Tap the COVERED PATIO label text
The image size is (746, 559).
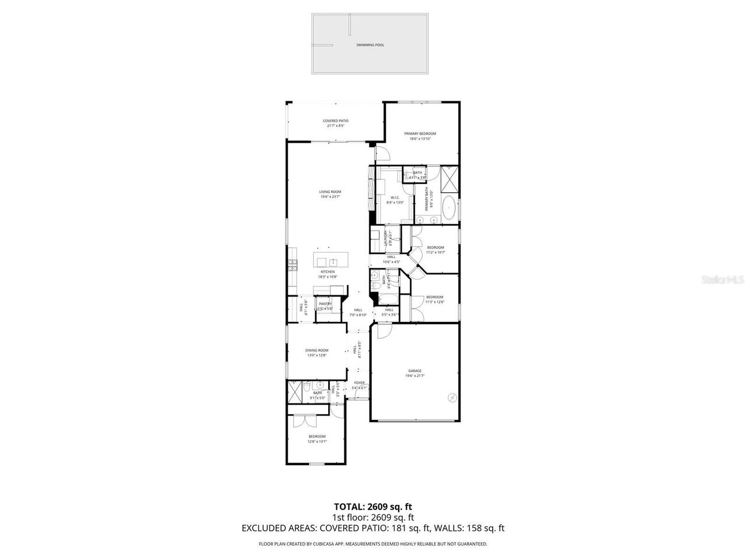pyautogui.click(x=336, y=121)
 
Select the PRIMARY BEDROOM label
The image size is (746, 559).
pyautogui.click(x=420, y=134)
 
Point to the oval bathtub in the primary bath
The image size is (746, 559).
pyautogui.click(x=448, y=208)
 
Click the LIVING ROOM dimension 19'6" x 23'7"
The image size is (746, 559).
pyautogui.click(x=330, y=197)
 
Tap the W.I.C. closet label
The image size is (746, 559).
pyautogui.click(x=395, y=197)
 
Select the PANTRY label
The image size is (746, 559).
pyautogui.click(x=325, y=303)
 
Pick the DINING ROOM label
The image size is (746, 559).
pyautogui.click(x=317, y=351)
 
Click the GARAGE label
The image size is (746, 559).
pyautogui.click(x=414, y=371)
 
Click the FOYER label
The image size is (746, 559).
pyautogui.click(x=360, y=383)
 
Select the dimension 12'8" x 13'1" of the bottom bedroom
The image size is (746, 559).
pyautogui.click(x=317, y=441)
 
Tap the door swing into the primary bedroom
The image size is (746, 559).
pyautogui.click(x=382, y=154)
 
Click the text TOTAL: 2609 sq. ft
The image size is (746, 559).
pyautogui.click(x=373, y=507)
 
